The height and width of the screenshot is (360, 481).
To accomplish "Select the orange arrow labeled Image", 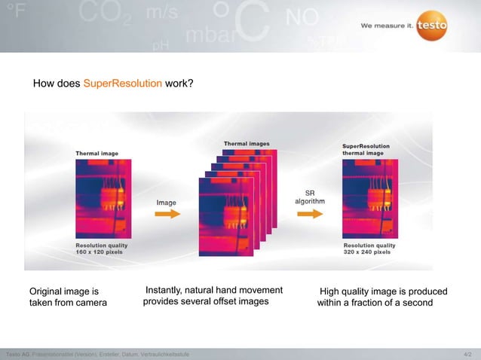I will pyautogui.click(x=167, y=214).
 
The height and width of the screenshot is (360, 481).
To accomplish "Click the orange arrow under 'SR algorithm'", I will pyautogui.click(x=309, y=214).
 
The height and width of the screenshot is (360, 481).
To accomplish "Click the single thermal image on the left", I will pyautogui.click(x=100, y=199).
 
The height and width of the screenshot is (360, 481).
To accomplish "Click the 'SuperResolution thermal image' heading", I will pyautogui.click(x=364, y=149).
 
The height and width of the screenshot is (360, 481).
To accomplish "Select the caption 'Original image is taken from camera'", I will pyautogui.click(x=68, y=297).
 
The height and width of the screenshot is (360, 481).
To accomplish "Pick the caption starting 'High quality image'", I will pyautogui.click(x=382, y=297).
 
